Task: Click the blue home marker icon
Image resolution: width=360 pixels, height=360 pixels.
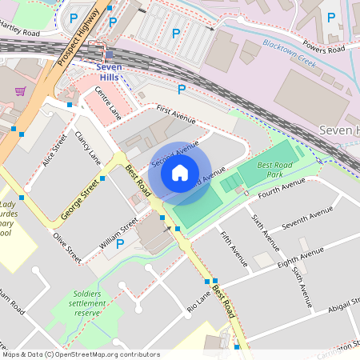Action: [180, 171]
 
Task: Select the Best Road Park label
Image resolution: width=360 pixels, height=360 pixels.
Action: [276, 169]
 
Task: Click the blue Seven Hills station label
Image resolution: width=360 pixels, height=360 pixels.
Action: [109, 72]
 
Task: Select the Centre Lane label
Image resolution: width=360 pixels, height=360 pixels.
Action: [106, 103]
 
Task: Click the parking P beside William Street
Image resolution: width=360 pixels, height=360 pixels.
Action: [120, 243]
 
